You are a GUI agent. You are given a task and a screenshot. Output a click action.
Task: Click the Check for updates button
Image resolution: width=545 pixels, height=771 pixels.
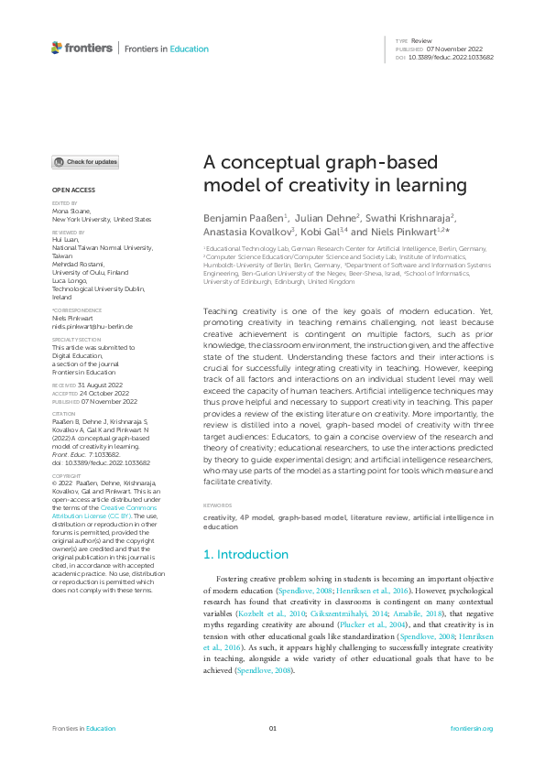point(85,162)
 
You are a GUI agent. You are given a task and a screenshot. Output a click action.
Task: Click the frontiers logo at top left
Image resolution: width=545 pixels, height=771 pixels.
point(82,48)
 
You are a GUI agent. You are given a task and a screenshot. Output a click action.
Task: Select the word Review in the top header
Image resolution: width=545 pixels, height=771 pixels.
point(420,41)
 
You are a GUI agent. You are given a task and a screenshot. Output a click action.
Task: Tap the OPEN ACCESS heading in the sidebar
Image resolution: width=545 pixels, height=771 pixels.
point(72,190)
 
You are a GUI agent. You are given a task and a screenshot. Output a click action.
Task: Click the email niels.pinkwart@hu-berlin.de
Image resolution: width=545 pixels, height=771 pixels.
point(93,326)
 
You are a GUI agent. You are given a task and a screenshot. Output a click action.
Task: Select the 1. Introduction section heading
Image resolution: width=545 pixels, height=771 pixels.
point(245,554)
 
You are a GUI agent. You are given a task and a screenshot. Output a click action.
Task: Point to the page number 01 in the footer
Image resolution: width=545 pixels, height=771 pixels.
point(272,728)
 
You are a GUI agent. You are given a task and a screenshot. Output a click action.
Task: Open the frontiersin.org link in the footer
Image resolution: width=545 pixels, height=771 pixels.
point(473,728)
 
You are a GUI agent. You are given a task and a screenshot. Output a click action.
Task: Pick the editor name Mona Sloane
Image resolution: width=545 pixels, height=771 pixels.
point(72,212)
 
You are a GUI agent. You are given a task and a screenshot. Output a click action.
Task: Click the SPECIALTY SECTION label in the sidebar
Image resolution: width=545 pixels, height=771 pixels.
point(74,340)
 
